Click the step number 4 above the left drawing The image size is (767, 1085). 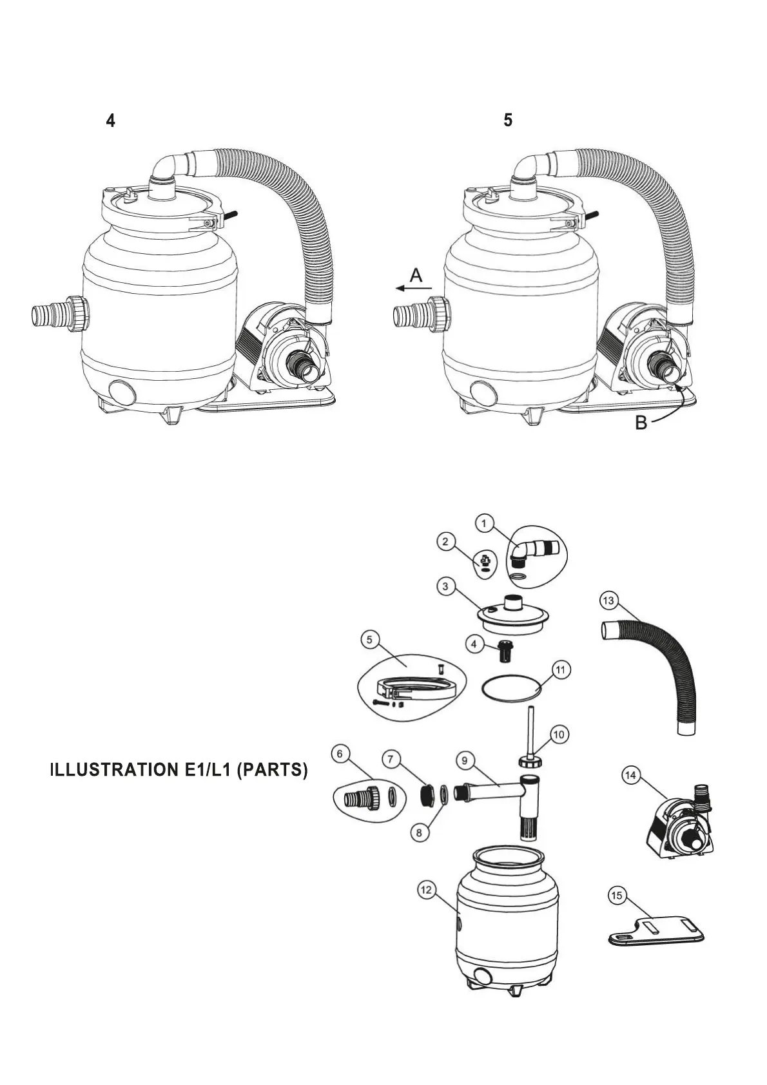[111, 120]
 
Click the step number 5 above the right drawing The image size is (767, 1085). [508, 120]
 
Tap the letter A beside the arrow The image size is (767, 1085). [416, 276]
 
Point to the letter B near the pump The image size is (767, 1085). [641, 423]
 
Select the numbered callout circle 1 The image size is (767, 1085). [485, 523]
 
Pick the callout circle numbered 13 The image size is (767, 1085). [608, 600]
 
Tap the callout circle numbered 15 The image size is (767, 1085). [617, 896]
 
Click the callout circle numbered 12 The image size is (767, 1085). [426, 890]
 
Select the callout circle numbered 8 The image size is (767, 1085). [419, 832]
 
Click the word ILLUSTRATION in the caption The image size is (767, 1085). [110, 770]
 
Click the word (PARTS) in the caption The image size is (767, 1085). [272, 770]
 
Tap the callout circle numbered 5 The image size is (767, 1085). [369, 640]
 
